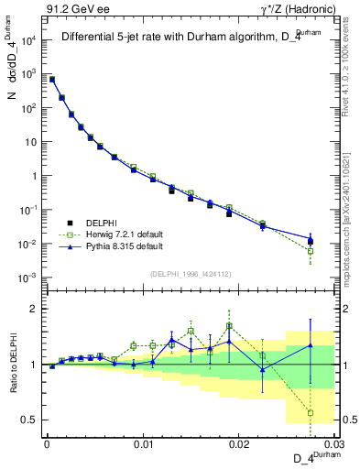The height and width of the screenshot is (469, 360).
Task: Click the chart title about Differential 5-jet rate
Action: pos(183,38)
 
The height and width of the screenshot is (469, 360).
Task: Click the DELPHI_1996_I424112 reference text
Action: pos(190,273)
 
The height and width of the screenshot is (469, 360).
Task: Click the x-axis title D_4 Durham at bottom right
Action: pos(311,457)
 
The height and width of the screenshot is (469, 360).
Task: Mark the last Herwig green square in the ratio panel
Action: pos(311,412)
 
